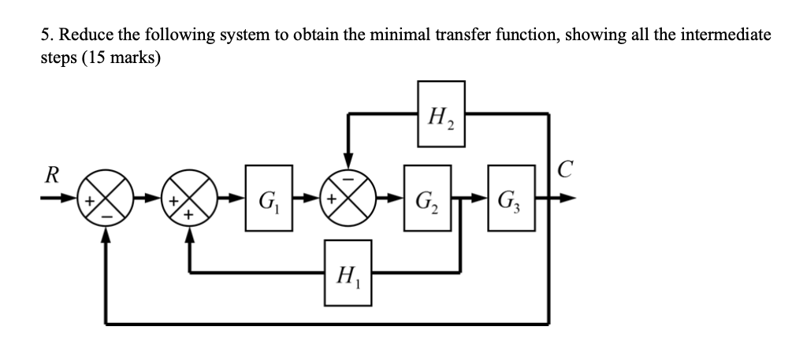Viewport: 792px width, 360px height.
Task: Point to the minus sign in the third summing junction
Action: tap(348, 184)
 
